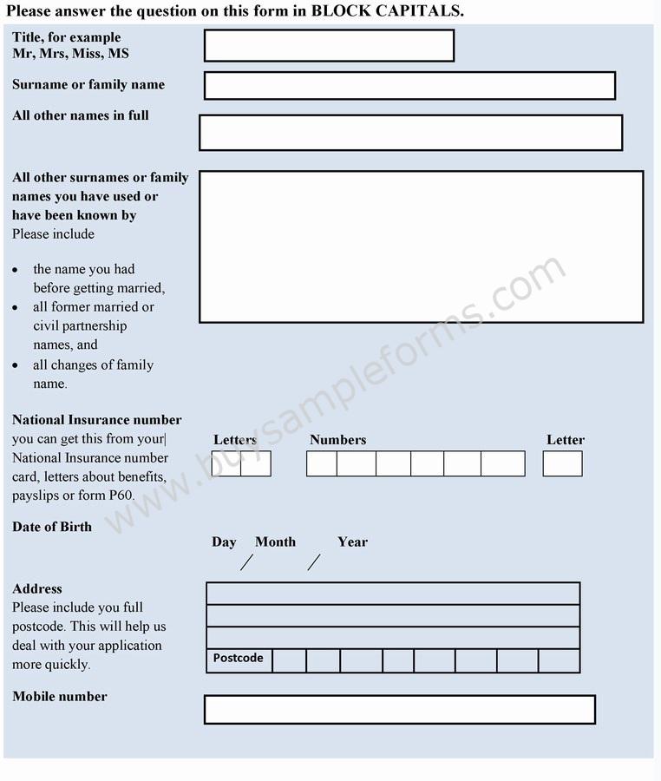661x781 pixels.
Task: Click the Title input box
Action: point(329,46)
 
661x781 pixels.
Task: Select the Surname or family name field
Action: point(409,86)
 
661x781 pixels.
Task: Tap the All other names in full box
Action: point(410,133)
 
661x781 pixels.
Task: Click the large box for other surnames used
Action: point(421,247)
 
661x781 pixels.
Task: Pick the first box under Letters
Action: point(226,463)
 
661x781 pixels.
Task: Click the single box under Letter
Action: point(562,463)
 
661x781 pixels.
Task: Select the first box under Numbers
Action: point(322,463)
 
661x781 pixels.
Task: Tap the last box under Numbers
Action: point(503,463)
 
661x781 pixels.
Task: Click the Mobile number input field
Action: point(399,710)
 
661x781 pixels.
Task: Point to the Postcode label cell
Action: point(239,659)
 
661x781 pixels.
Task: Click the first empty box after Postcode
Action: point(289,661)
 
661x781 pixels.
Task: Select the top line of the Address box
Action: point(392,594)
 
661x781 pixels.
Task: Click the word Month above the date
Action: point(275,541)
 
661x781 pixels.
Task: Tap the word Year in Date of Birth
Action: point(352,541)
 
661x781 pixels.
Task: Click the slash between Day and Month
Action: point(246,562)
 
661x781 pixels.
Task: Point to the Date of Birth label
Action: point(52,527)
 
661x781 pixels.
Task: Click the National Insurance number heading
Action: point(97,420)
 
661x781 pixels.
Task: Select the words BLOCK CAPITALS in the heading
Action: point(386,10)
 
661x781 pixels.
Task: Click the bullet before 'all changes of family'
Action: point(15,365)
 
